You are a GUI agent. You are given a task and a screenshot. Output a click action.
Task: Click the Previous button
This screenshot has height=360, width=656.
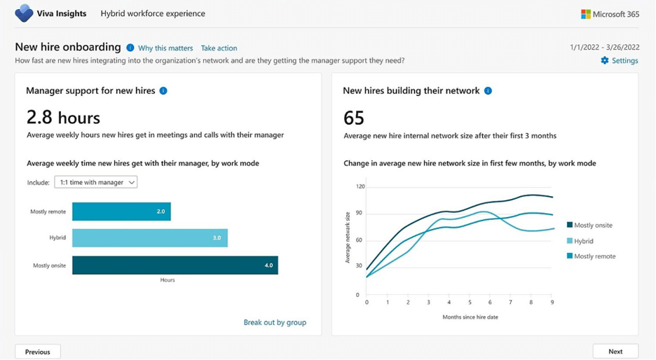tap(38, 352)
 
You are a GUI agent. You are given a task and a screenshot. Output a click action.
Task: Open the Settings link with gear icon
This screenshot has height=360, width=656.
tap(620, 61)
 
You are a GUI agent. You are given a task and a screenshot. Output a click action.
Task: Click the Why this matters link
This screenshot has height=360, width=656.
tap(165, 48)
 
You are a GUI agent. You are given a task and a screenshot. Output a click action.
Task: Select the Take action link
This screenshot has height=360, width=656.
tap(219, 48)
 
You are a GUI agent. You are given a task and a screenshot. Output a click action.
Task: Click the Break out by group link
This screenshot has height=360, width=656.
tap(275, 322)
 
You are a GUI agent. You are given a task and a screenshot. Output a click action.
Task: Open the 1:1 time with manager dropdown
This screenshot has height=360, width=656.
tap(96, 182)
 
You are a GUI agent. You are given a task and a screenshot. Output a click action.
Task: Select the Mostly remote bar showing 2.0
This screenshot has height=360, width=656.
tap(121, 212)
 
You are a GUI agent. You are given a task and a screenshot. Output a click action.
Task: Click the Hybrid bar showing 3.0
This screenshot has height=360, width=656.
tap(149, 238)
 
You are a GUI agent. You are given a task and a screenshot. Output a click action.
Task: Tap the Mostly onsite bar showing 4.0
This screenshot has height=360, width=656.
tap(175, 265)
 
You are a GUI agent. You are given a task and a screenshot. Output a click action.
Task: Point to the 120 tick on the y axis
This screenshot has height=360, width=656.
tap(360, 187)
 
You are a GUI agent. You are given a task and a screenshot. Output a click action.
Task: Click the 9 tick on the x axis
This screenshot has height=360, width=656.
tap(552, 303)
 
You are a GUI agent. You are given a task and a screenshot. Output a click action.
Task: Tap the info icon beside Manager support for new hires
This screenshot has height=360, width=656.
tap(163, 91)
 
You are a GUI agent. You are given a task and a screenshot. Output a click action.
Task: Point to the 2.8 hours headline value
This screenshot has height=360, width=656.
tap(63, 117)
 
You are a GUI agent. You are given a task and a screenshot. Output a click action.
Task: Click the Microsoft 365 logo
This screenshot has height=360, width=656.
tap(609, 14)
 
